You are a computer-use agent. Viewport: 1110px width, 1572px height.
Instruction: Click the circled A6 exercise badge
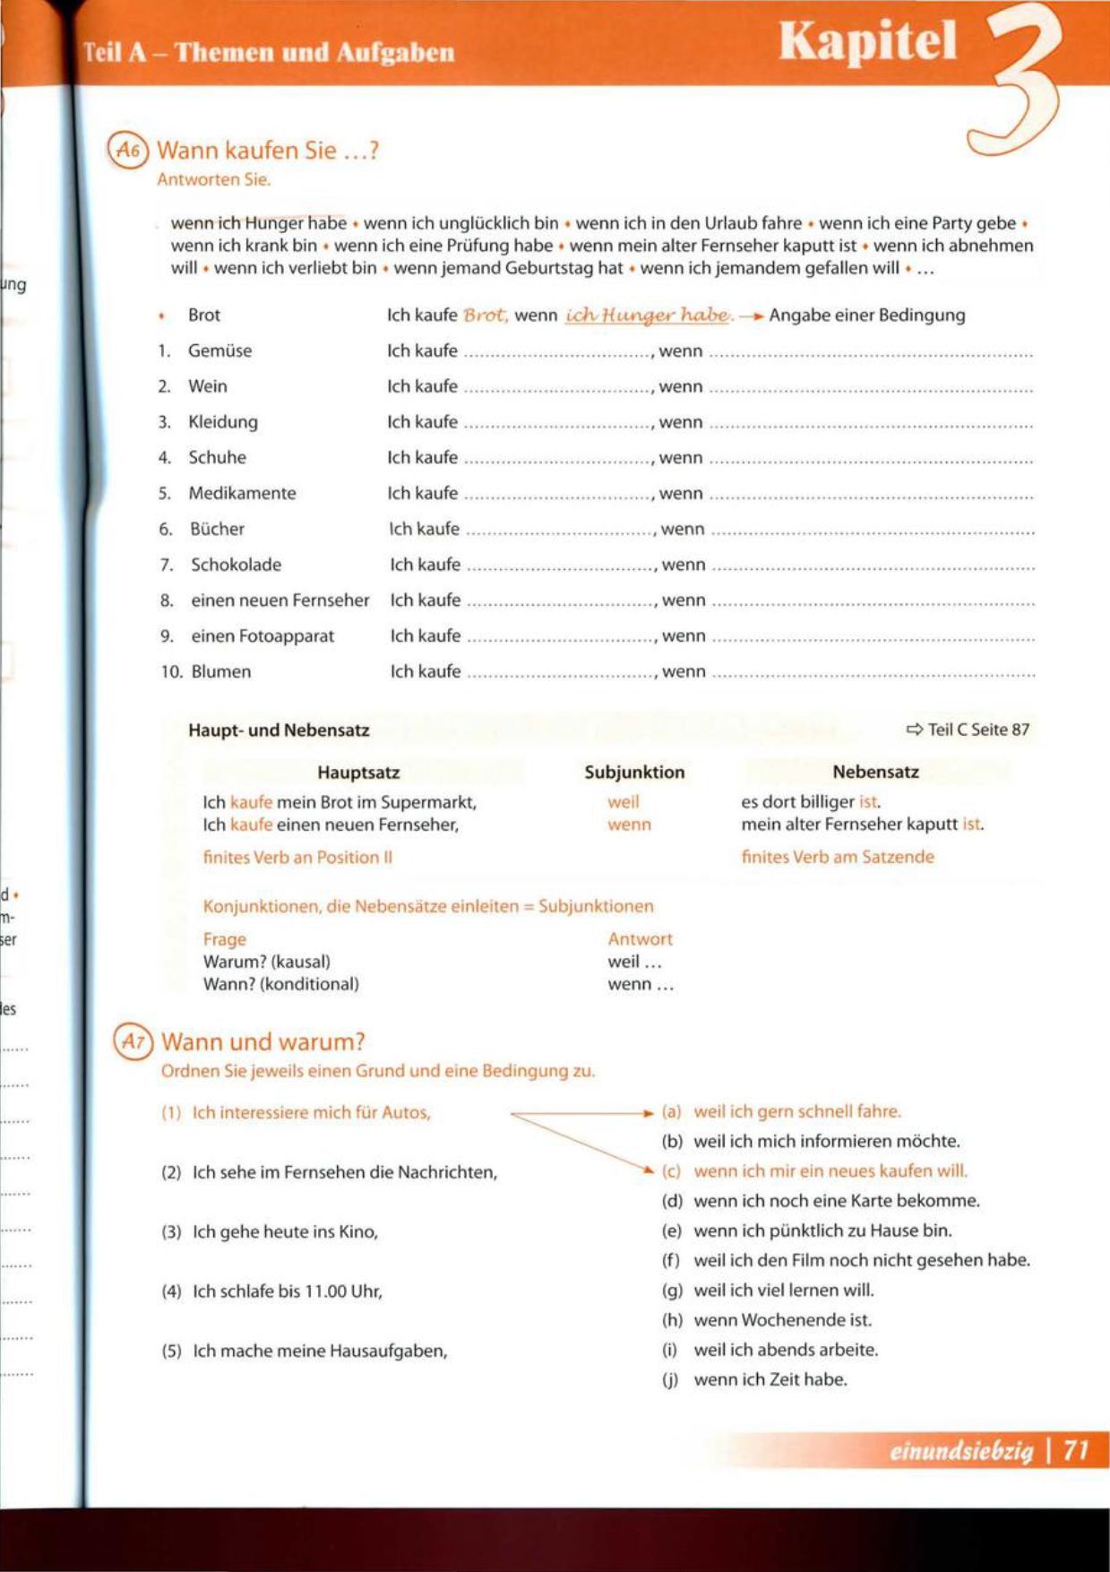128,151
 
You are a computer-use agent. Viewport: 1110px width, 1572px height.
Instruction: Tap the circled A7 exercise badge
133,1041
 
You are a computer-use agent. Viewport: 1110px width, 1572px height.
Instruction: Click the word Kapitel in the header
867,41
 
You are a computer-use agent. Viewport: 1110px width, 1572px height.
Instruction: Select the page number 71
1075,1450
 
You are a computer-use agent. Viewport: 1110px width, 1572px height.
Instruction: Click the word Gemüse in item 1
219,350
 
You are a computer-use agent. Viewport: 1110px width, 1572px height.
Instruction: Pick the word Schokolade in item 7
236,565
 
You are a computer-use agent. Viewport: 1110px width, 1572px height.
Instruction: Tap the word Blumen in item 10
221,671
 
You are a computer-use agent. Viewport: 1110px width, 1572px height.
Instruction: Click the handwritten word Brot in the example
486,315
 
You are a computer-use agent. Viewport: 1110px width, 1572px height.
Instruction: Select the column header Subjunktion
634,772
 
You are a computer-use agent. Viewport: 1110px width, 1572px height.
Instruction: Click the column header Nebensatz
875,772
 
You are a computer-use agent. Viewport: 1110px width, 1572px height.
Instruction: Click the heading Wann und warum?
263,1041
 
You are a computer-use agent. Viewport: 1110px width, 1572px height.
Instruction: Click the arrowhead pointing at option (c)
650,1169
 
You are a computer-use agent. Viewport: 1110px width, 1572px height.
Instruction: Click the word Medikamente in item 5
241,493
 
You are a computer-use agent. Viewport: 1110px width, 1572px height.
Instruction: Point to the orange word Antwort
640,939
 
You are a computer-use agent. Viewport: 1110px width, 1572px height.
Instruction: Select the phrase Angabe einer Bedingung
866,315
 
